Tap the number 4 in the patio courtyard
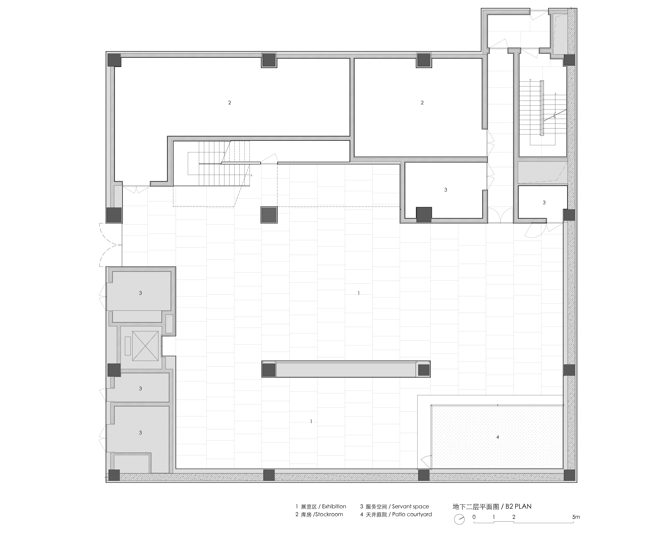pyautogui.click(x=498, y=437)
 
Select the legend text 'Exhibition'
pyautogui.click(x=334, y=506)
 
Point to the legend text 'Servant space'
pyautogui.click(x=410, y=506)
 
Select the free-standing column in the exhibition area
pyautogui.click(x=269, y=215)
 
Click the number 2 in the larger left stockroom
pyautogui.click(x=230, y=103)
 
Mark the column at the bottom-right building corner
pyautogui.click(x=569, y=475)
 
